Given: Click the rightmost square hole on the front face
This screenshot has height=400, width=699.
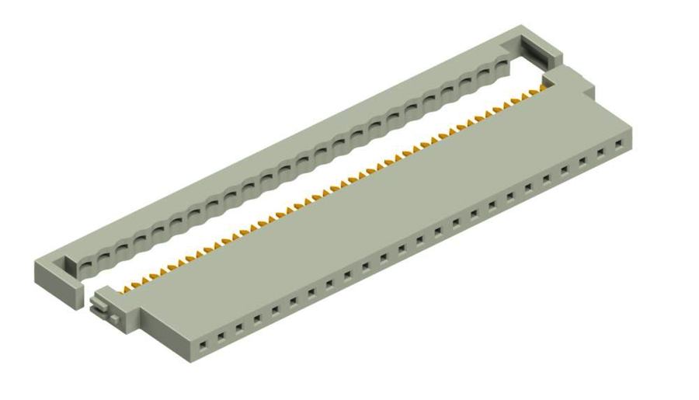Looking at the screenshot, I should point(619,144).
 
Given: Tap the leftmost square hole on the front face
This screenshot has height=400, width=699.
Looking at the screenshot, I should point(202,341).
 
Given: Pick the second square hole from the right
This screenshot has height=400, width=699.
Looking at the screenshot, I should point(600,152).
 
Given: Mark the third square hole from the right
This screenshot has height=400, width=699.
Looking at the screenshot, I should point(582,161).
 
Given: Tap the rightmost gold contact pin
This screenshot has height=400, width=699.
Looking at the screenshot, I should point(534,92).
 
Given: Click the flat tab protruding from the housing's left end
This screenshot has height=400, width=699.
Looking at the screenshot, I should point(99,300).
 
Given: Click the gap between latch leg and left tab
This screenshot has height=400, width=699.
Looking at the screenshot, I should point(88,298).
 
